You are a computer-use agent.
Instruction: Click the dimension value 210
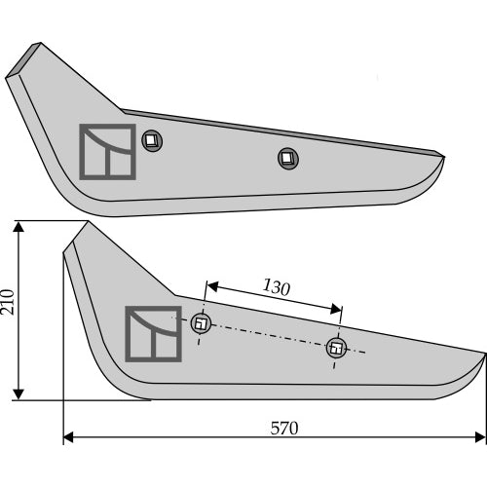7,302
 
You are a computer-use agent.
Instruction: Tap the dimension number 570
284,428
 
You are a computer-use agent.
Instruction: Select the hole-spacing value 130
277,287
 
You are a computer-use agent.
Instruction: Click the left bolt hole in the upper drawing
152,140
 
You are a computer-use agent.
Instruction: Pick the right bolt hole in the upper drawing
288,159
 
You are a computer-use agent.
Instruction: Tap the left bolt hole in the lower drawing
201,323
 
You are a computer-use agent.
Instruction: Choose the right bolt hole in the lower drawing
336,348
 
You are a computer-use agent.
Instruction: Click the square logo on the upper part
107,152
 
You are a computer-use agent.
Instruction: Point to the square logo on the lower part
153,334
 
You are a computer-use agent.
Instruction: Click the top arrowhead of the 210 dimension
19,227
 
